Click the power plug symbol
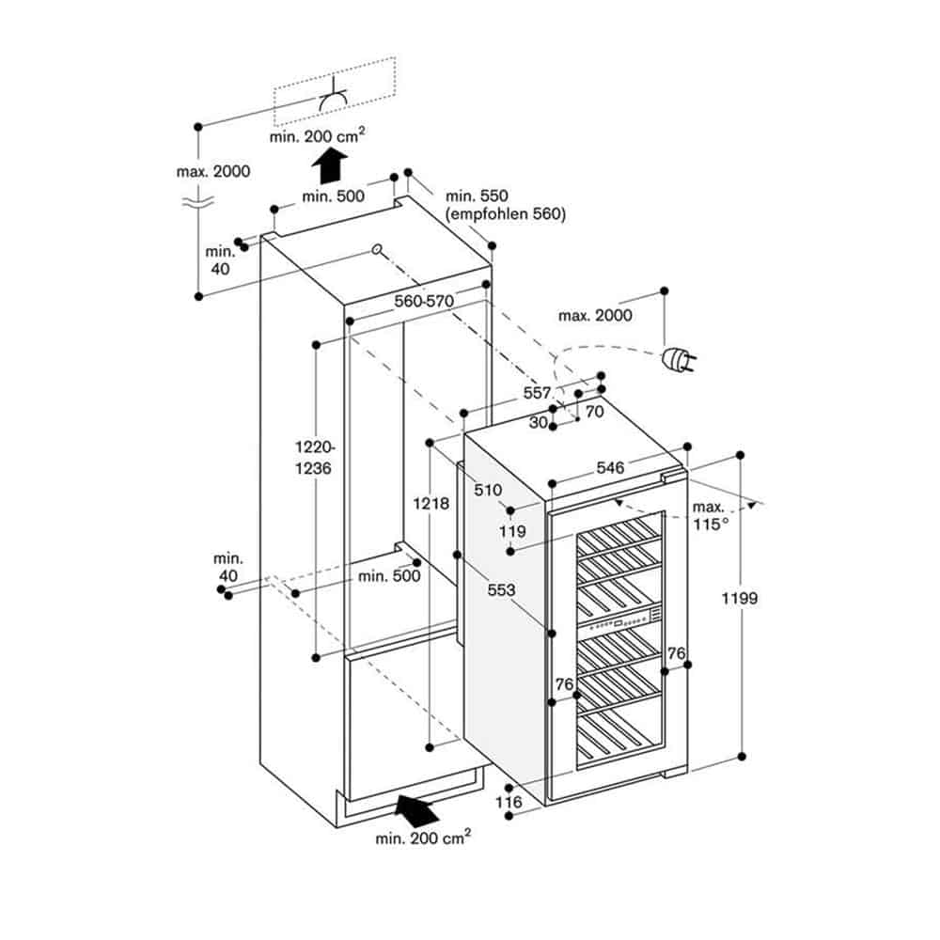click(677, 359)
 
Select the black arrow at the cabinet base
click(416, 807)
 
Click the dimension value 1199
click(742, 598)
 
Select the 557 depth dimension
click(538, 392)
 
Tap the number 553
click(501, 589)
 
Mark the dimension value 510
click(488, 490)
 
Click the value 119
click(512, 531)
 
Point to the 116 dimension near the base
click(509, 803)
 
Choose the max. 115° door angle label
click(710, 515)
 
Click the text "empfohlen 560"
click(506, 214)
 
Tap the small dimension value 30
click(538, 422)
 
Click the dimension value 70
click(594, 411)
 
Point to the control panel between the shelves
click(620, 620)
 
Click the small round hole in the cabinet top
click(376, 250)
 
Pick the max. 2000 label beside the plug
click(595, 316)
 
